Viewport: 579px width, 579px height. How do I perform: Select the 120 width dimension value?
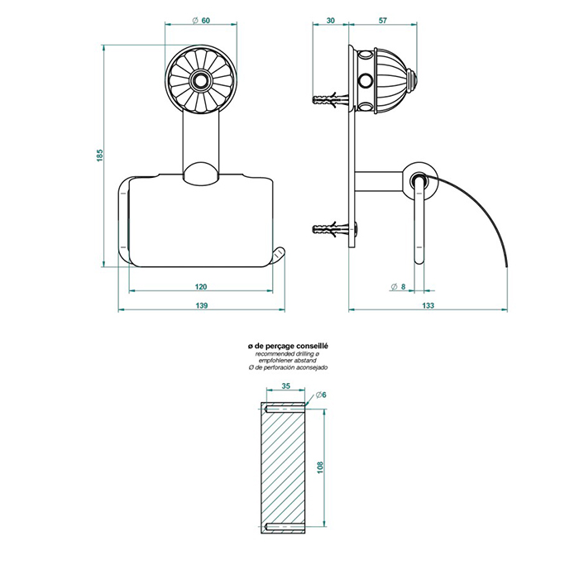(x=200, y=286)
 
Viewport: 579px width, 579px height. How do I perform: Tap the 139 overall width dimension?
(x=200, y=305)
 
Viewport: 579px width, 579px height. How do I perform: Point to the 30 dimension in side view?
(x=331, y=21)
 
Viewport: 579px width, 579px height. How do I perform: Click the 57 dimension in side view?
(x=383, y=21)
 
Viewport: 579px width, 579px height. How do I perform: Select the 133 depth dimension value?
(x=428, y=305)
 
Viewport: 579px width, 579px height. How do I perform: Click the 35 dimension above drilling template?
(x=285, y=385)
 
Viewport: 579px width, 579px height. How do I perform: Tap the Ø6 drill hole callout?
(x=321, y=396)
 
